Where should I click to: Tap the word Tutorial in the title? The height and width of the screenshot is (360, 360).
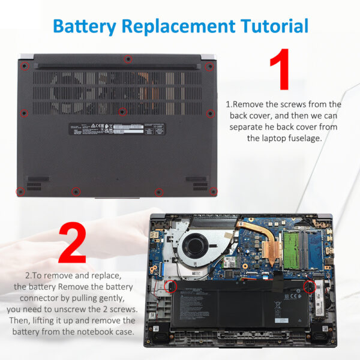point(274,26)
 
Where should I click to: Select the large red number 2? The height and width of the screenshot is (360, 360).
point(71,243)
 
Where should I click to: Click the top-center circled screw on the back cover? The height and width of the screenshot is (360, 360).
point(127,59)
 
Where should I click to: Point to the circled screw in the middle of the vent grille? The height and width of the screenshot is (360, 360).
point(122,111)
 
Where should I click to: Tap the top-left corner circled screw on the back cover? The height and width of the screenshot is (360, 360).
point(24,65)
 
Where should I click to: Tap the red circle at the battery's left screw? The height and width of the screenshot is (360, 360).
point(170,287)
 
